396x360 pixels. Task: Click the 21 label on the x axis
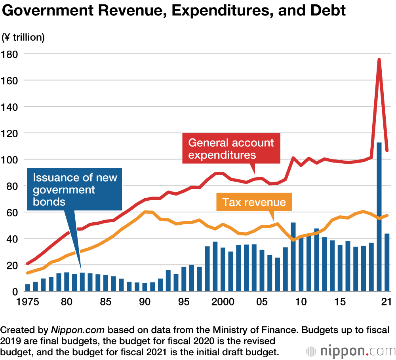click(x=386, y=301)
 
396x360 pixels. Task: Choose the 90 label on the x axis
click(x=145, y=301)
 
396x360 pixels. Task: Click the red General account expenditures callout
click(x=231, y=148)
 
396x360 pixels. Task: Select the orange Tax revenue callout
click(x=254, y=202)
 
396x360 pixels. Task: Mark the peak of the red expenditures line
click(x=379, y=59)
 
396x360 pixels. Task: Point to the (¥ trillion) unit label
click(x=23, y=38)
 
